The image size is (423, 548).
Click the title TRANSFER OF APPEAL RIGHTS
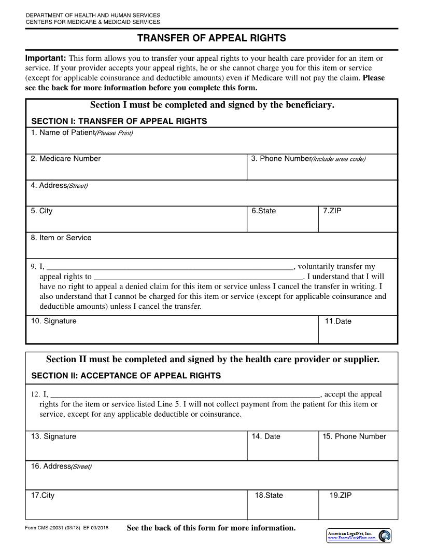[212, 38]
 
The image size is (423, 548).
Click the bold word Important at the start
[46, 58]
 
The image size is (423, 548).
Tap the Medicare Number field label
[65, 159]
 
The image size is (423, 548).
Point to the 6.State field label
[263, 211]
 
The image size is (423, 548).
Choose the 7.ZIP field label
[332, 211]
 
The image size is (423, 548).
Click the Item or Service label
[61, 238]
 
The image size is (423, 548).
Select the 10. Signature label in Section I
[53, 321]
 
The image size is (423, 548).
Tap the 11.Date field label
[338, 321]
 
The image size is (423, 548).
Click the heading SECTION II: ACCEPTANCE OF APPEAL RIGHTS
[126, 376]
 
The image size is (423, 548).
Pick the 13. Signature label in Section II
[53, 436]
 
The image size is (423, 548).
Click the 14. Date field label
[266, 436]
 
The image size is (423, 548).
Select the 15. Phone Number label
[354, 436]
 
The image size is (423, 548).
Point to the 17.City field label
[43, 496]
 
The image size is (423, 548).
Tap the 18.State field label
[269, 496]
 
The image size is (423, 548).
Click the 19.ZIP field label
[341, 496]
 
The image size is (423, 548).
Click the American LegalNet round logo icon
[385, 536]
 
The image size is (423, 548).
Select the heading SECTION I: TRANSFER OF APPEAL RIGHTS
[119, 121]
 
